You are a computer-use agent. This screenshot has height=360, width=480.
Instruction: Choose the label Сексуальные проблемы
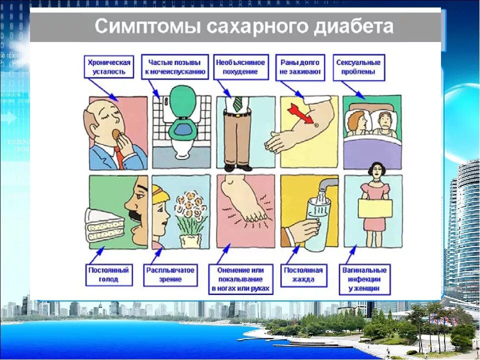[x=358, y=67]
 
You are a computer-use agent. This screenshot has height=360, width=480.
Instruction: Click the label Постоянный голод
[x=108, y=274]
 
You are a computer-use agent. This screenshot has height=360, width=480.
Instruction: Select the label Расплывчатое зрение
[x=170, y=274]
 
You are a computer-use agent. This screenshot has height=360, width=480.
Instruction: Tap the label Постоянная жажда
[x=303, y=274]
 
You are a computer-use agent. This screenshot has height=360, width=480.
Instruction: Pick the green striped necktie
[x=237, y=103]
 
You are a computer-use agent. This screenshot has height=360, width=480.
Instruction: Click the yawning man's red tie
[x=119, y=157]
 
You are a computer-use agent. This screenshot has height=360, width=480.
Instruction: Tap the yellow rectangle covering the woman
[x=374, y=208]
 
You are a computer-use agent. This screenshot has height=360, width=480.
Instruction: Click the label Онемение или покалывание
[x=240, y=279]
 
